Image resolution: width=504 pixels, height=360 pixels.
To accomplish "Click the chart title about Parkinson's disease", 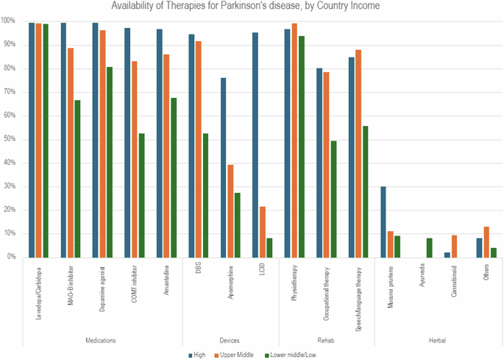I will coord(252,7).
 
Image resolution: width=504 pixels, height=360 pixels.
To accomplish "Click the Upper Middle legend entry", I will coord(235,354).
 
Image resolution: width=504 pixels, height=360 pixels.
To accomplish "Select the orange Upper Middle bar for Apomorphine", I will coord(230,211).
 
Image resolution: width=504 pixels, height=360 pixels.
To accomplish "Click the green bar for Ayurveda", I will coord(429,247).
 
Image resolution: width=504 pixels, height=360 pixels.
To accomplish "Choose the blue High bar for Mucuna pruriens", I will coord(383,222).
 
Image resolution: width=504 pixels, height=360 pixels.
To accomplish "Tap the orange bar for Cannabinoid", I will coord(454,246).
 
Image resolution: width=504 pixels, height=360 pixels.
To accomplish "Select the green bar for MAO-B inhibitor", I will coord(77,178).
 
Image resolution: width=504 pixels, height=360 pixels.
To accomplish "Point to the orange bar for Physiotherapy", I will coord(294,140).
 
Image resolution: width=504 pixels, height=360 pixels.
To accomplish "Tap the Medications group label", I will coord(102,340).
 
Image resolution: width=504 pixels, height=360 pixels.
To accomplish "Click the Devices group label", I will coord(230,340).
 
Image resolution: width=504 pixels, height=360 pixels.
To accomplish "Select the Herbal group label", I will coord(438,340).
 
